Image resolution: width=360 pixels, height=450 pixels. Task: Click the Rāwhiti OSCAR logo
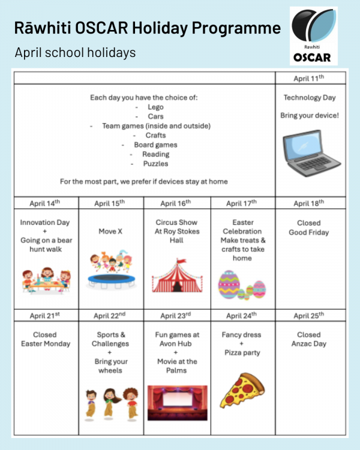pyautogui.click(x=313, y=36)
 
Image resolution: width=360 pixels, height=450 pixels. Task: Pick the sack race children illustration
pyautogui.click(x=111, y=401)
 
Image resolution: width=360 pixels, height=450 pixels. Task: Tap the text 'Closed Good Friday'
pyautogui.click(x=309, y=227)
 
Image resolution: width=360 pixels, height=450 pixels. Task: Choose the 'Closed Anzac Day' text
pyautogui.click(x=309, y=339)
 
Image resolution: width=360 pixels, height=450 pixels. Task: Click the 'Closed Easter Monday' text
pyautogui.click(x=46, y=339)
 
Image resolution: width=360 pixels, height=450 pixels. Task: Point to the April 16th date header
pyautogui.click(x=176, y=203)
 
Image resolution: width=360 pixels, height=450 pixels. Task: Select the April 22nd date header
pyautogui.click(x=111, y=316)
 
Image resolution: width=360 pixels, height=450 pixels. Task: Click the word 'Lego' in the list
pyautogui.click(x=155, y=107)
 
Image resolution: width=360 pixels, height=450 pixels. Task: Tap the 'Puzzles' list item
pyautogui.click(x=155, y=164)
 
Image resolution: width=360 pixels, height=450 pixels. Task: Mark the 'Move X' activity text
pyautogui.click(x=111, y=231)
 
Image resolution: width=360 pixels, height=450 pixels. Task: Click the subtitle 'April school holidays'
pyautogui.click(x=75, y=53)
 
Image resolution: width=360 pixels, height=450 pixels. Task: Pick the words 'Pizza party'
pyautogui.click(x=242, y=353)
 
